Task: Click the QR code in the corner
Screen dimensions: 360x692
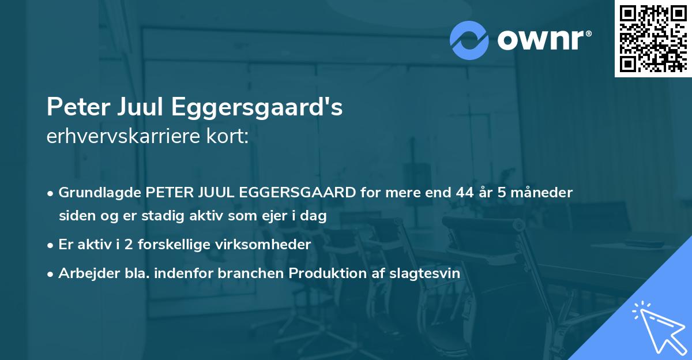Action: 653,39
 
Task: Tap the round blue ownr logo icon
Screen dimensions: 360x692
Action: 469,40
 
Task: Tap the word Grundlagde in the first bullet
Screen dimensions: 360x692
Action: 100,193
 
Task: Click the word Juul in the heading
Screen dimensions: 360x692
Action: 144,107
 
